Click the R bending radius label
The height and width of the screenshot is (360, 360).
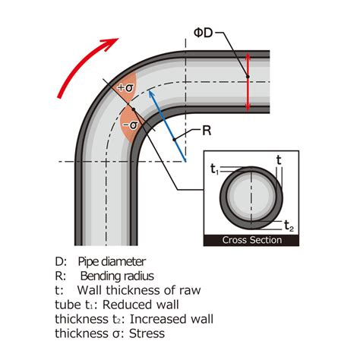[206, 130]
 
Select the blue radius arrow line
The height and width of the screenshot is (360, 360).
[166, 125]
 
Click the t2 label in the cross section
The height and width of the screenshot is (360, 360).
[289, 224]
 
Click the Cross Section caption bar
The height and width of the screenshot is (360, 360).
[251, 240]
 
